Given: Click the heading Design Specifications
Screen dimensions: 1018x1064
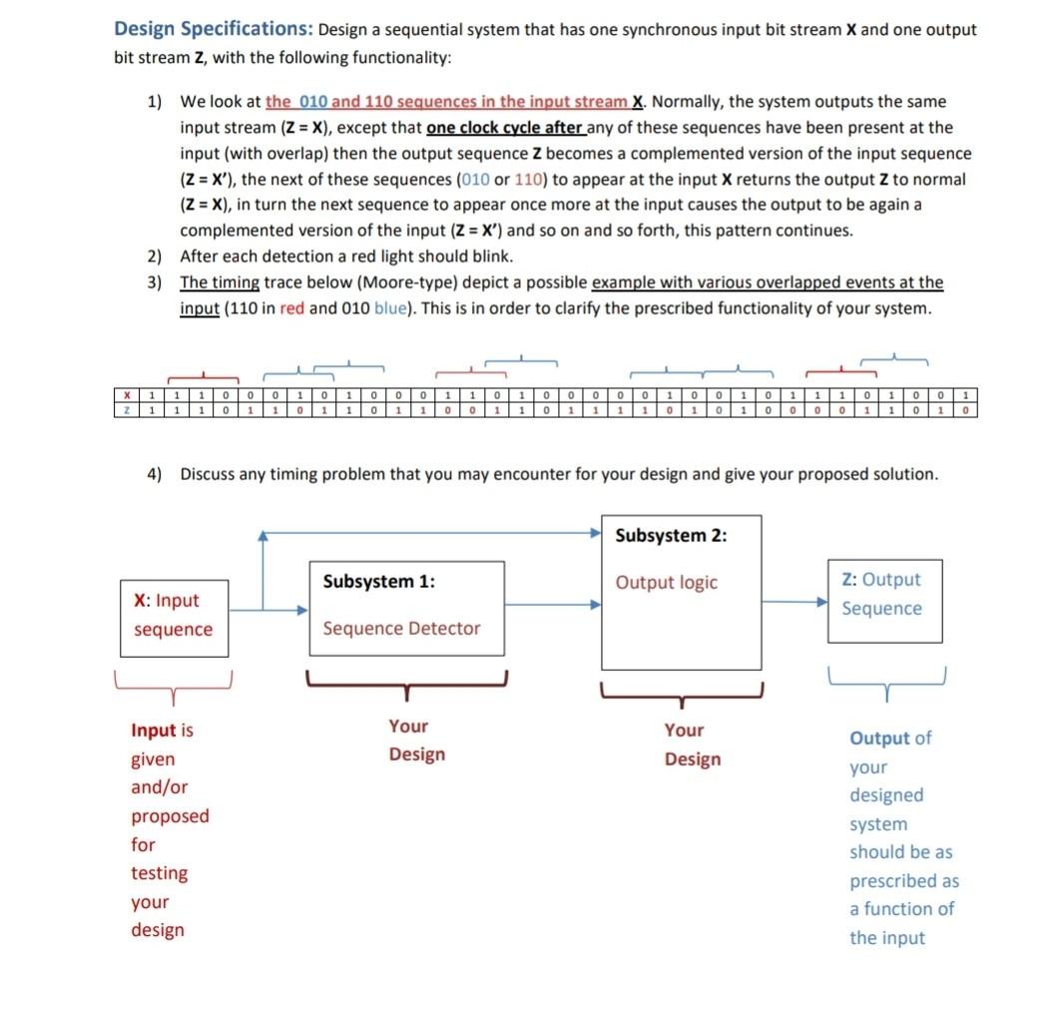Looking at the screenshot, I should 213,29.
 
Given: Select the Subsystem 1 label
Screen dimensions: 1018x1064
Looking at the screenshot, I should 378,582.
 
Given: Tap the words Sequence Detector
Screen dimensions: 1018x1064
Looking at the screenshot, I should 401,629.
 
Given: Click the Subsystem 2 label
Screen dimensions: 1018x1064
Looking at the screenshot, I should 671,535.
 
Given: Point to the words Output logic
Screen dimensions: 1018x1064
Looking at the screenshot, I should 666,583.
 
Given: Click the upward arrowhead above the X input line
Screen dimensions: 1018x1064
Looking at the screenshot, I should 263,537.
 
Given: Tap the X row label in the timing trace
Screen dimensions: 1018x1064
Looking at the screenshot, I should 127,397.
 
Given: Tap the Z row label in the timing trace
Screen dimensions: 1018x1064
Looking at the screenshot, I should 127,410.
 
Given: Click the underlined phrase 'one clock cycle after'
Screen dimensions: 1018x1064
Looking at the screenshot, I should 504,128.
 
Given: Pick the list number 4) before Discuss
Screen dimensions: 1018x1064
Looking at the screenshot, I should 156,474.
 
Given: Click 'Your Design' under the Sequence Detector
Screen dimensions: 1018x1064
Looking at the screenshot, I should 416,741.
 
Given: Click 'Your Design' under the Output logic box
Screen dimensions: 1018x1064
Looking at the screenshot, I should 692,745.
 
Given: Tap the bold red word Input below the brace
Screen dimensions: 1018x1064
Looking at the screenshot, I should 154,731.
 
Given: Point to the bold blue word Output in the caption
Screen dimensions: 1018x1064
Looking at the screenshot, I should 879,739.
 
